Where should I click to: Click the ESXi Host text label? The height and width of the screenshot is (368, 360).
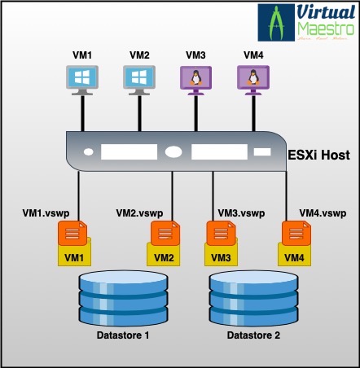(319, 153)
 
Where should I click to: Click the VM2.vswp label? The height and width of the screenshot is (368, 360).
(140, 212)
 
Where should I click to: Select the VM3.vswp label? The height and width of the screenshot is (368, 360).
(241, 213)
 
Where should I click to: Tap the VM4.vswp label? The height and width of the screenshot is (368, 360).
(323, 213)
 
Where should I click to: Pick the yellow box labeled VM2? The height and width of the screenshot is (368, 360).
(164, 257)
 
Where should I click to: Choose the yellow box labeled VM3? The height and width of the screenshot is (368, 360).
(221, 257)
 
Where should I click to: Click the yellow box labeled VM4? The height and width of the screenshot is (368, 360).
(296, 257)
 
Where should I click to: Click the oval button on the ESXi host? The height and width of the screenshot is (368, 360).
(173, 151)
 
